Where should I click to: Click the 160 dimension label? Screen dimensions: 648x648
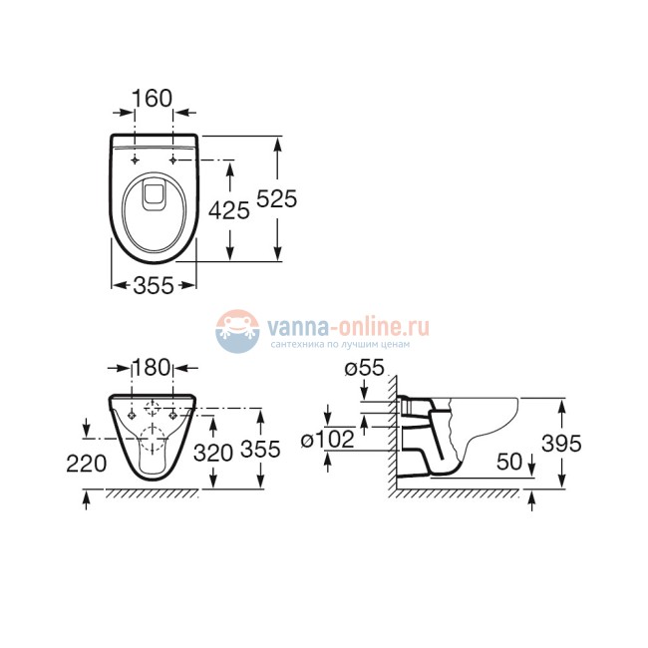[153, 98]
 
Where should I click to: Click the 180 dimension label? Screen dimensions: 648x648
[153, 367]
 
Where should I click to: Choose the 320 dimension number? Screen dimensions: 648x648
[212, 451]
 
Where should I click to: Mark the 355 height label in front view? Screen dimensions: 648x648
[260, 451]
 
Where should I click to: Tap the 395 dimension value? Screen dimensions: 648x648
[560, 443]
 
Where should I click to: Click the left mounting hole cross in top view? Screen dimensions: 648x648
[133, 160]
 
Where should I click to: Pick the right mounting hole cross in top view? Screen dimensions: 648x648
[173, 160]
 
